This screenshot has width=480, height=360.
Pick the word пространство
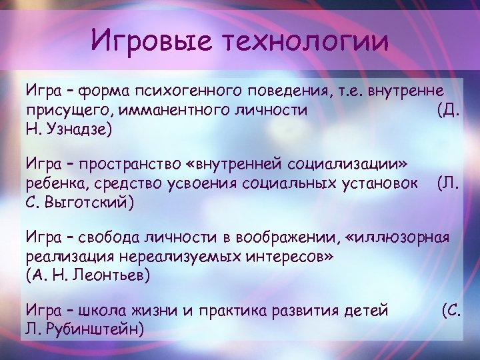(126, 163)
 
